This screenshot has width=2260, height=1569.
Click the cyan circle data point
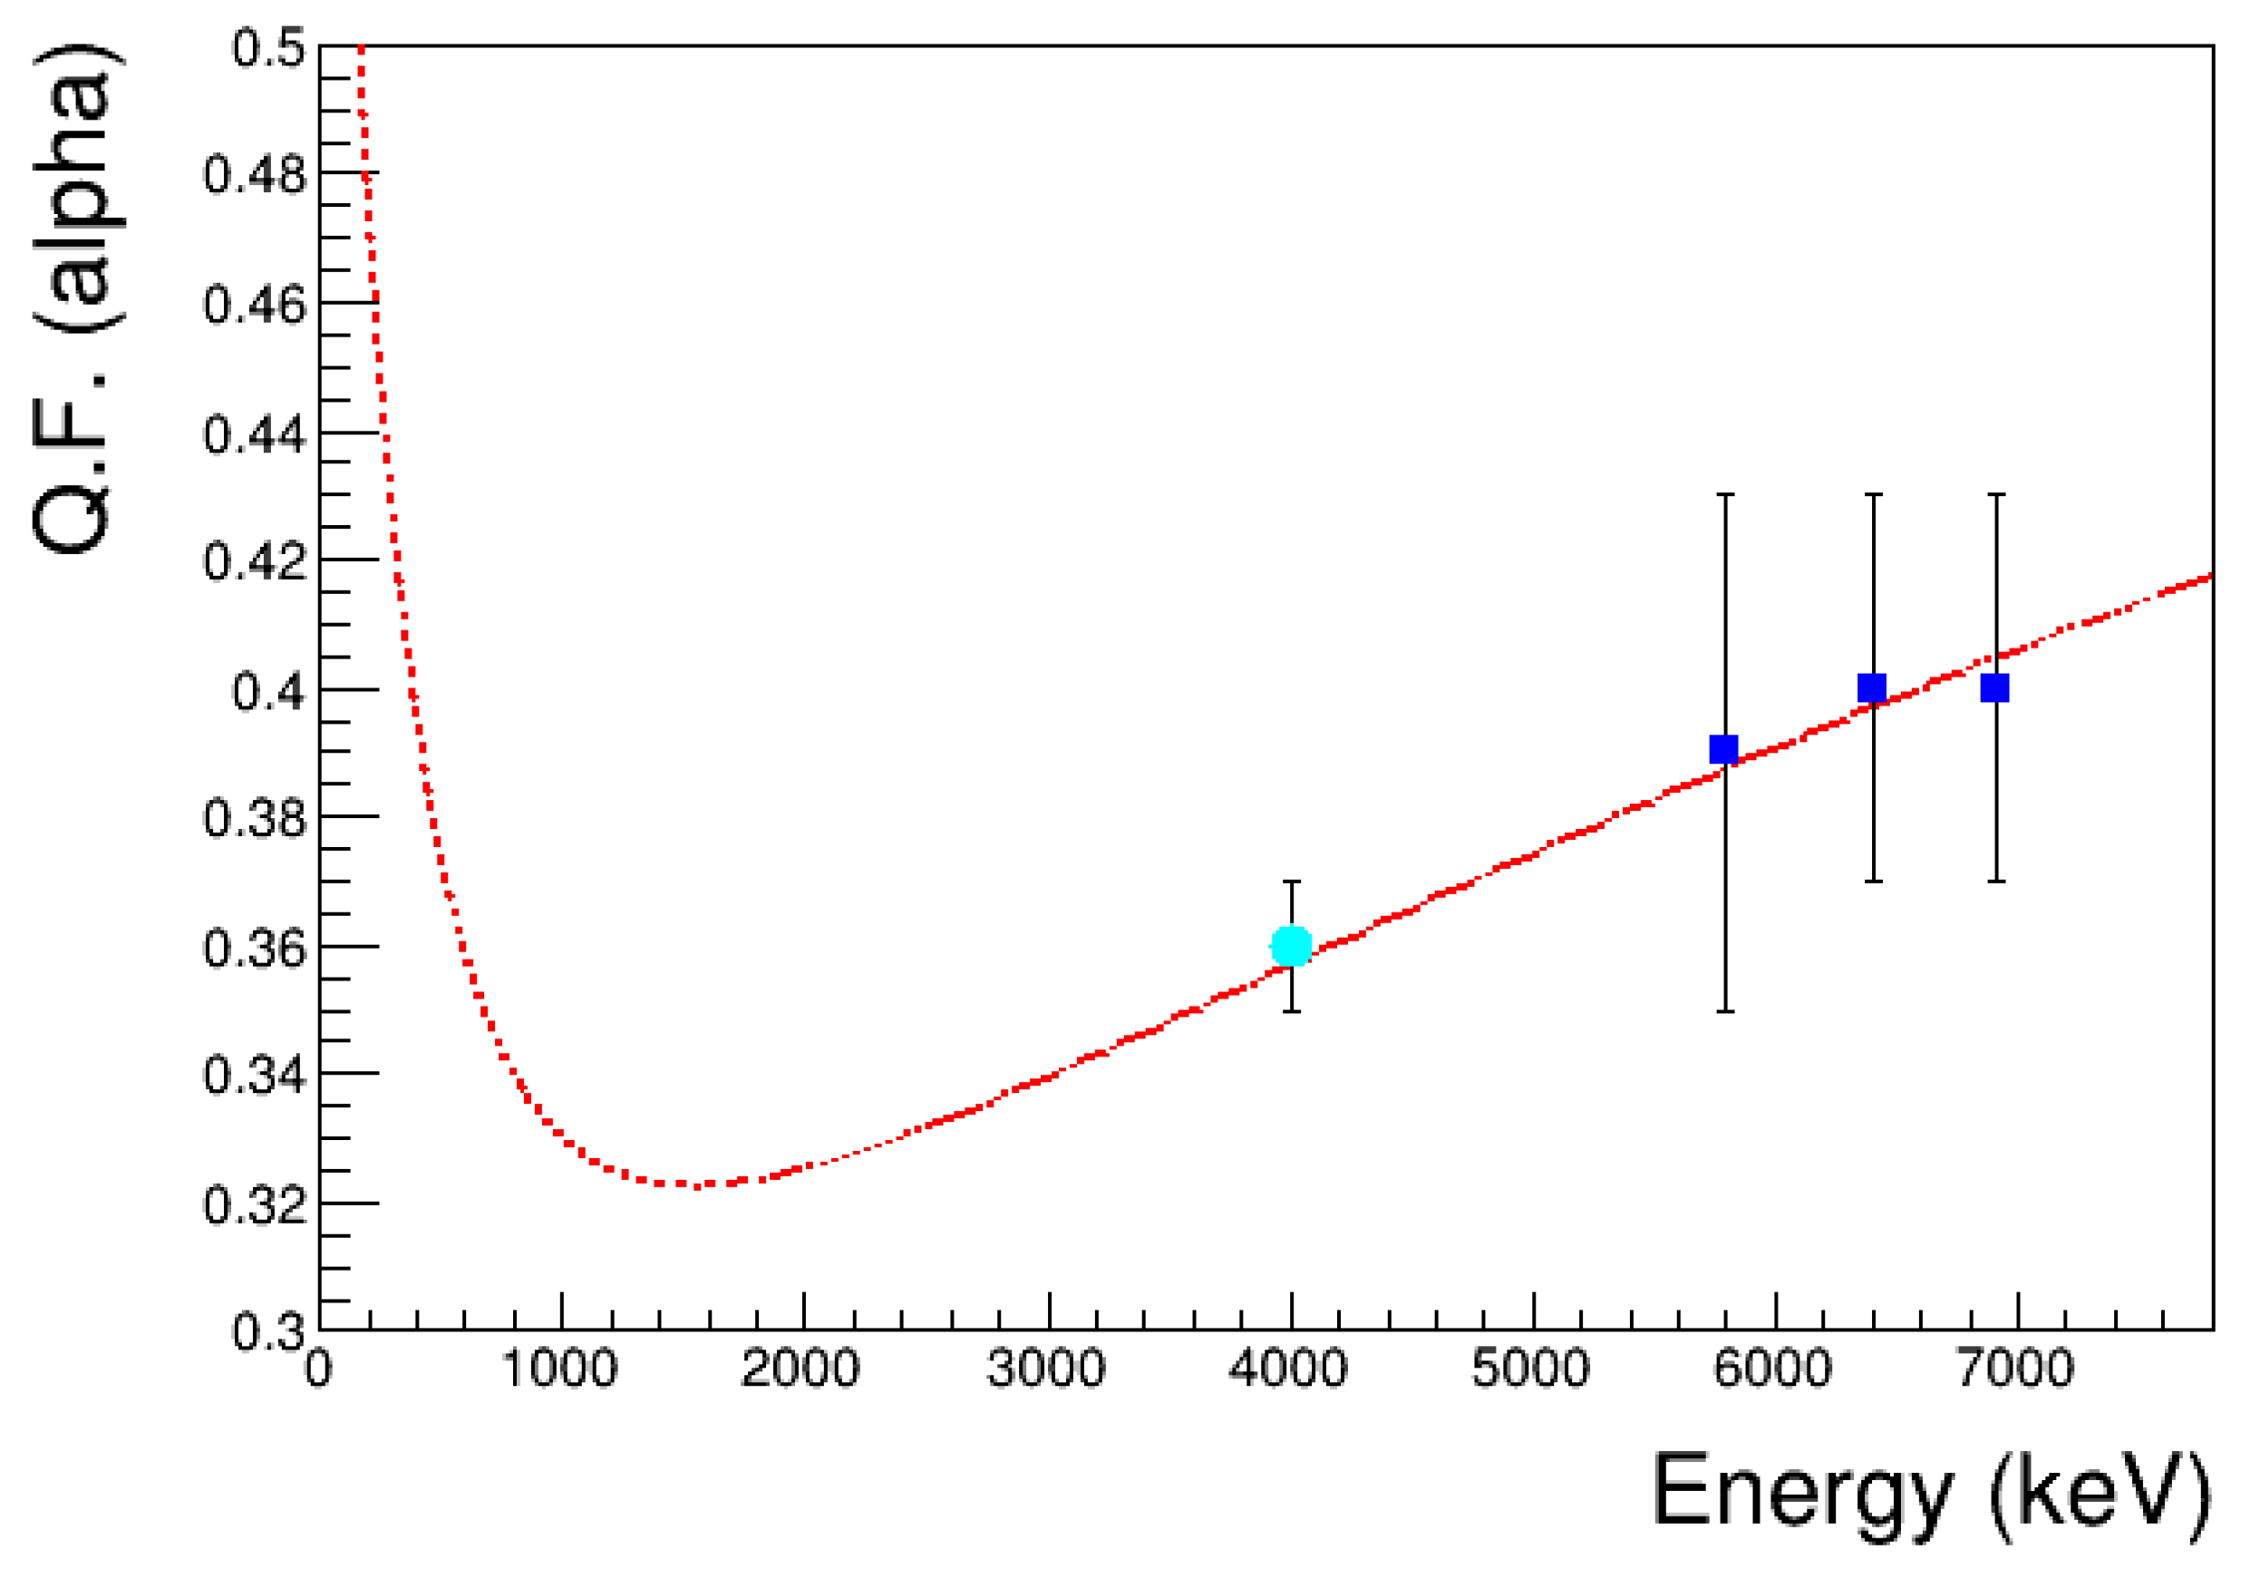(1291, 947)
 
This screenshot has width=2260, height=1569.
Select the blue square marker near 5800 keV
(1723, 750)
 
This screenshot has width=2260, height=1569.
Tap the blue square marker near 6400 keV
(1872, 688)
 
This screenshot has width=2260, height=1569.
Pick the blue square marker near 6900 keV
(1994, 688)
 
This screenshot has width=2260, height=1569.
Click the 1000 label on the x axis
(560, 1369)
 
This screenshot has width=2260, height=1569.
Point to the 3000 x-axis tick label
(1046, 1369)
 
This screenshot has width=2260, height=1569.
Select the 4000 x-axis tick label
(1288, 1369)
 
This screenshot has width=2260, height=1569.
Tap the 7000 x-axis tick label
(2016, 1369)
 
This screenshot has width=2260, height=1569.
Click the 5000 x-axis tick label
(1531, 1369)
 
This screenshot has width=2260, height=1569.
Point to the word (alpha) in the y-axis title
(79, 187)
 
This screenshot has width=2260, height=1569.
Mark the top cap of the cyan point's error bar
(1291, 882)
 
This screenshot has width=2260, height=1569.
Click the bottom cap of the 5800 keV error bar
(1724, 1011)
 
